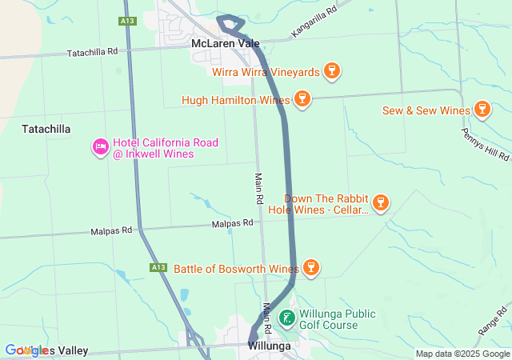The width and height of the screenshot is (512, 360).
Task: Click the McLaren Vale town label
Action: click(x=226, y=42)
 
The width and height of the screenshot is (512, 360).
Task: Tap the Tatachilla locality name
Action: click(x=46, y=129)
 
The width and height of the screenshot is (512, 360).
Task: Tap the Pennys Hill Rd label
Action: click(x=486, y=144)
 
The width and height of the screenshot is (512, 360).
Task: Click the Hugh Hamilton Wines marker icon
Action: click(x=302, y=99)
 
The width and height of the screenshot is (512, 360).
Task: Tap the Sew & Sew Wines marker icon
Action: click(x=482, y=109)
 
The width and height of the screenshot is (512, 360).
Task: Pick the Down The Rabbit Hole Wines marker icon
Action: click(x=381, y=202)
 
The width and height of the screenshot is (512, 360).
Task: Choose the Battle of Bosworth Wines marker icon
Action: click(x=311, y=267)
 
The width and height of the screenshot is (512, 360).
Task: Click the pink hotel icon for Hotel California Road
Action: click(x=101, y=148)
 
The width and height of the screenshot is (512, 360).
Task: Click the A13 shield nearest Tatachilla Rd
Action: click(x=126, y=22)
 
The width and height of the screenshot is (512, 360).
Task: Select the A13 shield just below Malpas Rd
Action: click(x=158, y=267)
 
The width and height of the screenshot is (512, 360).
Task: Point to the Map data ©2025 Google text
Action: click(x=462, y=354)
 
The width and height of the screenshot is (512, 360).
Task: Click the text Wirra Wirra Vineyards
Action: click(x=266, y=72)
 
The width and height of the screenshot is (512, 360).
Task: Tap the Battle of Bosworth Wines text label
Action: click(x=237, y=268)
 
